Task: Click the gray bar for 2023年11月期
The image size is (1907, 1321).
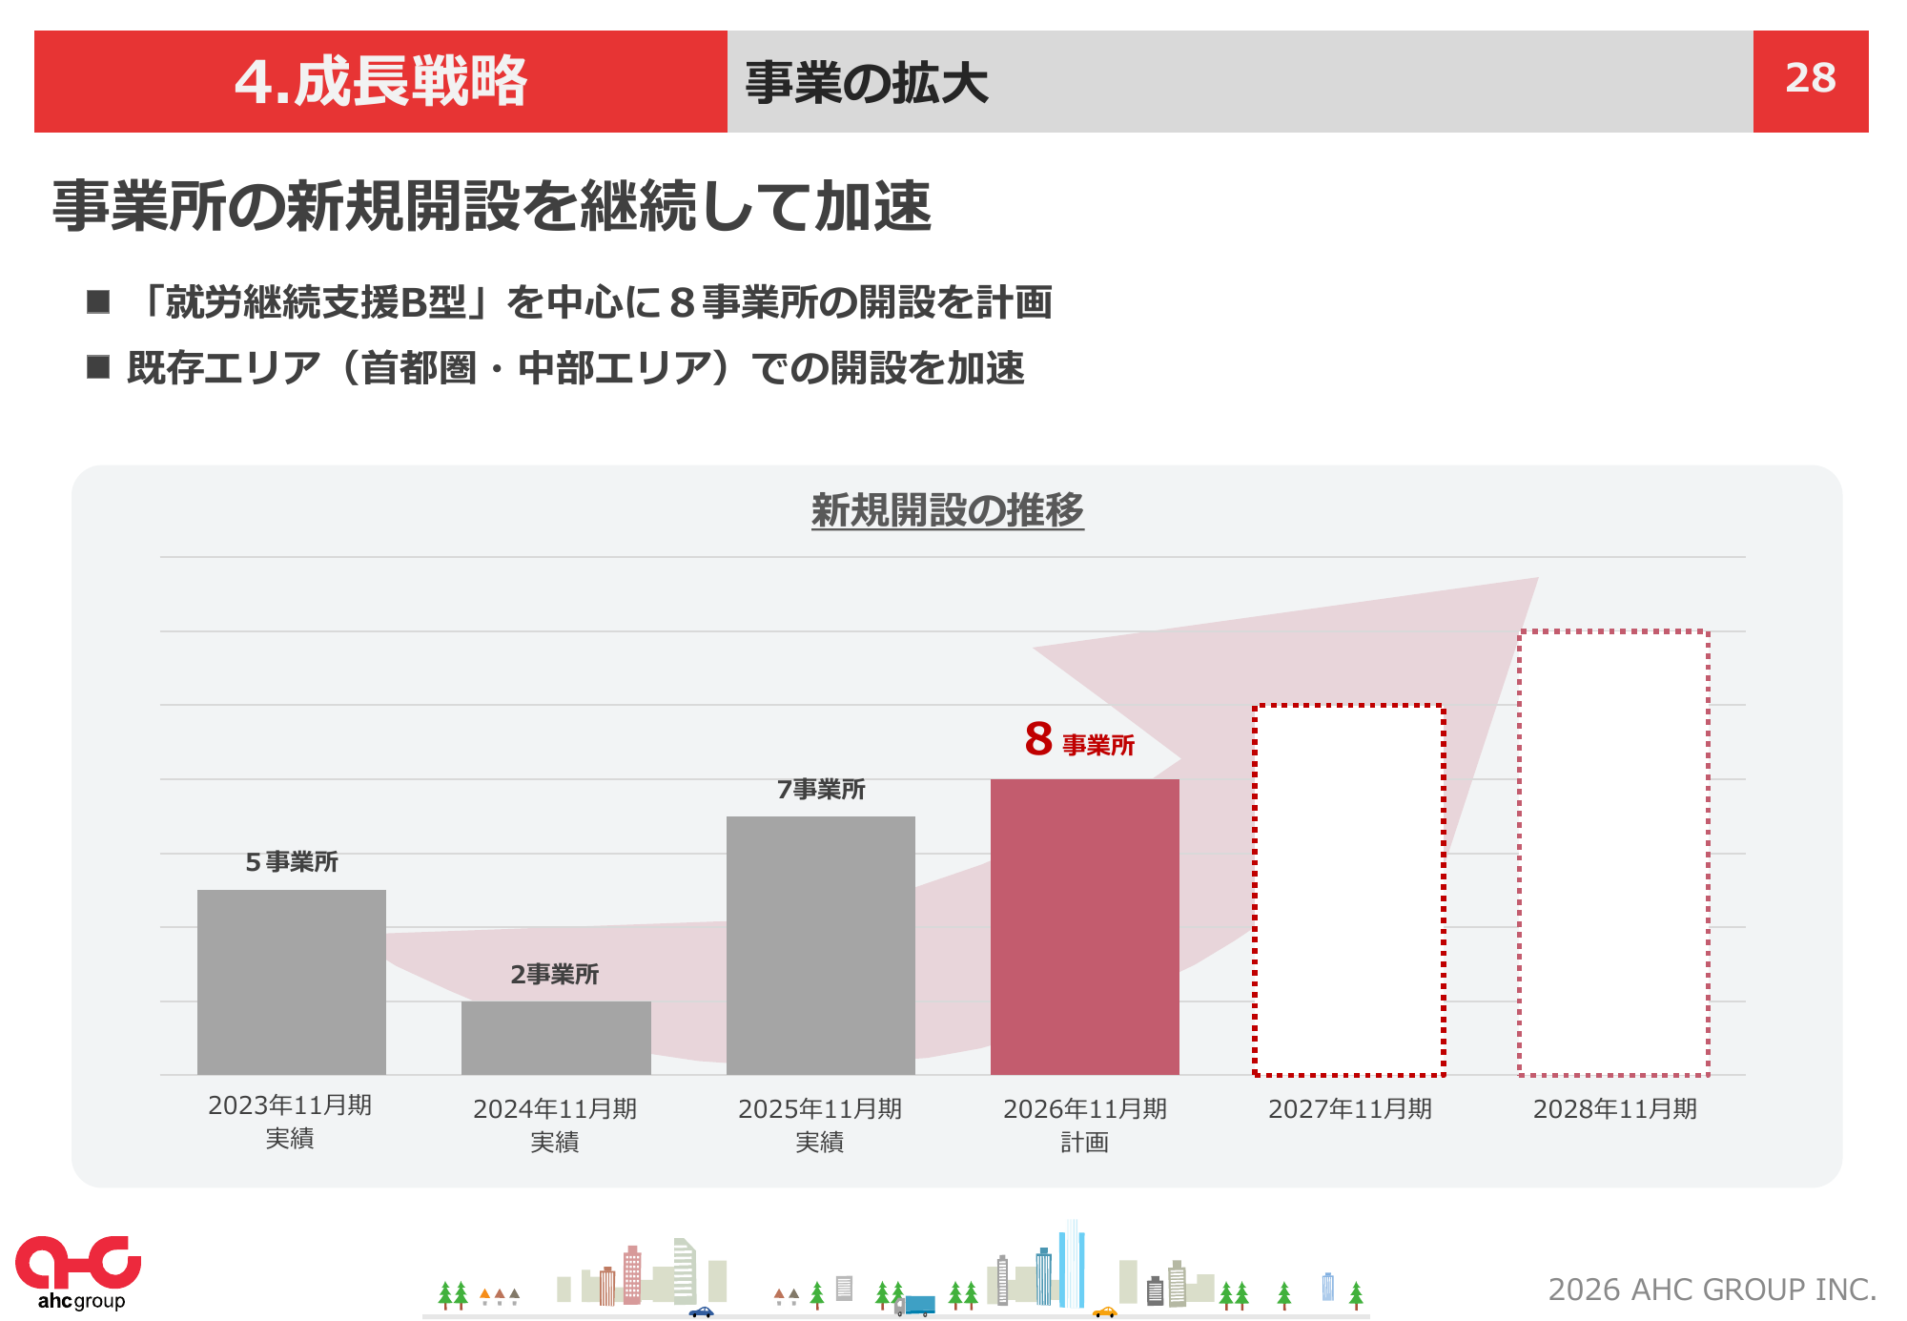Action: [291, 981]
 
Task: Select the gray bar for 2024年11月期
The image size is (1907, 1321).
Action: [556, 1037]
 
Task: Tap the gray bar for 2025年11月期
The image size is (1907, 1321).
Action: [820, 944]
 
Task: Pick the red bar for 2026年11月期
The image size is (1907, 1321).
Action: [1084, 926]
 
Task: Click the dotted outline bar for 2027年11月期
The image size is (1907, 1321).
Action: [1348, 890]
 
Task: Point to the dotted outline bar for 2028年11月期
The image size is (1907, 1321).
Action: [1613, 853]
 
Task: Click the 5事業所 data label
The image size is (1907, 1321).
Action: [292, 862]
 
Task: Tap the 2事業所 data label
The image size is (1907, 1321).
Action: [554, 974]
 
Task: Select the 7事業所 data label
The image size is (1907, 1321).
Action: [820, 790]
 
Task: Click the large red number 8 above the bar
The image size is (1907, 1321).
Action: [1038, 739]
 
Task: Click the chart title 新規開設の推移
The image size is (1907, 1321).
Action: [947, 510]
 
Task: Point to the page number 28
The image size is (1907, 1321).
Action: [1810, 79]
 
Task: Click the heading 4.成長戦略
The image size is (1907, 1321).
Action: [380, 81]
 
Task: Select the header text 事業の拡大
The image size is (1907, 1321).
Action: [866, 83]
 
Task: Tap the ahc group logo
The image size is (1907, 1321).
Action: [78, 1271]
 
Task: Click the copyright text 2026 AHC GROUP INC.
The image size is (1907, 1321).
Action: [1712, 1290]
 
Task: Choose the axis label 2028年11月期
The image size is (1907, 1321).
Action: [1614, 1109]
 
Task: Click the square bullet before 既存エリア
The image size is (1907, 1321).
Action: [98, 367]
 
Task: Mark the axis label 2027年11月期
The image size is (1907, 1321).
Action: [1349, 1109]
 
